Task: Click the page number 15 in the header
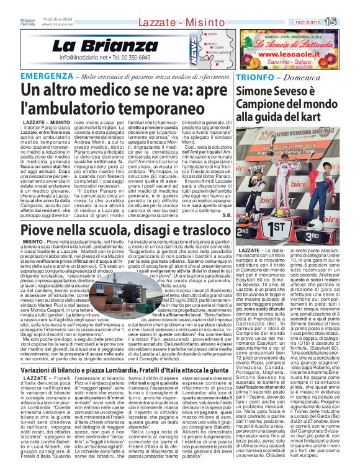pos(348,22)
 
